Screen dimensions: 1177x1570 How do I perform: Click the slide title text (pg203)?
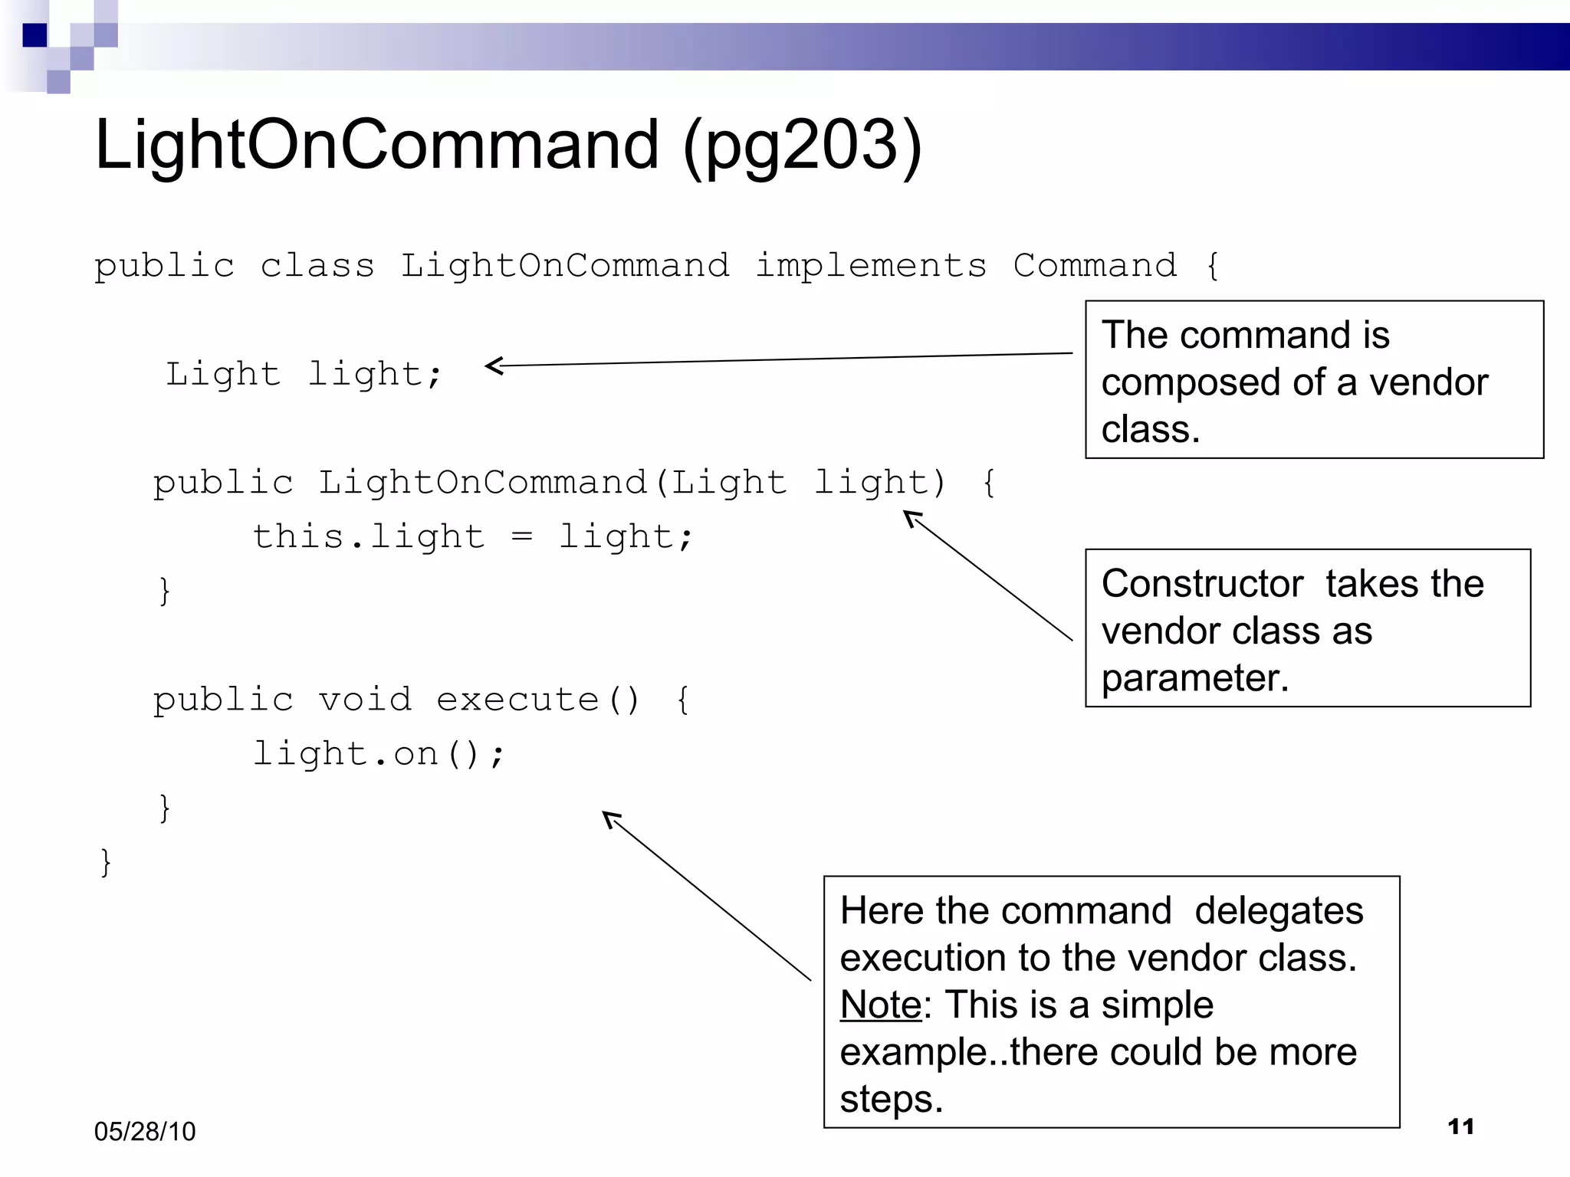pyautogui.click(x=803, y=146)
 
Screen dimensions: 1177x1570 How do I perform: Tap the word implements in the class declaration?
pyautogui.click(x=871, y=267)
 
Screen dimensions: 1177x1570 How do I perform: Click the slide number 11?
pyautogui.click(x=1460, y=1126)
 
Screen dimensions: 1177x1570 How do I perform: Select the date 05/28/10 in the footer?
pyautogui.click(x=145, y=1132)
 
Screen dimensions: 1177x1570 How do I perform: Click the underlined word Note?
pyautogui.click(x=880, y=1005)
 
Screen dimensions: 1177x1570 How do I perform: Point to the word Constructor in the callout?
pyautogui.click(x=1201, y=585)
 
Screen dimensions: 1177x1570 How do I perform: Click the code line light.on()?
pyautogui.click(x=379, y=755)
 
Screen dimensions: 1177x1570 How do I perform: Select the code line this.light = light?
pyautogui.click(x=472, y=537)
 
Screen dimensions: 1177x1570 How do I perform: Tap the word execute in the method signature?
pyautogui.click(x=517, y=700)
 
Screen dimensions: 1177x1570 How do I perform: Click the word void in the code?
pyautogui.click(x=365, y=700)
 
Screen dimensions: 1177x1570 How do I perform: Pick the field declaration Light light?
pyautogui.click(x=304, y=375)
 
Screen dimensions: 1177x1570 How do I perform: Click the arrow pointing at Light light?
pyautogui.click(x=778, y=359)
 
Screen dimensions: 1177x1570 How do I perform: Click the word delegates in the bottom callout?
pyautogui.click(x=1278, y=912)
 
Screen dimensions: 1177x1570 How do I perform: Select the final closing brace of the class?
pyautogui.click(x=106, y=863)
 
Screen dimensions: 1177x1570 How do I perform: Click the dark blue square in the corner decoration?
pyautogui.click(x=34, y=36)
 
